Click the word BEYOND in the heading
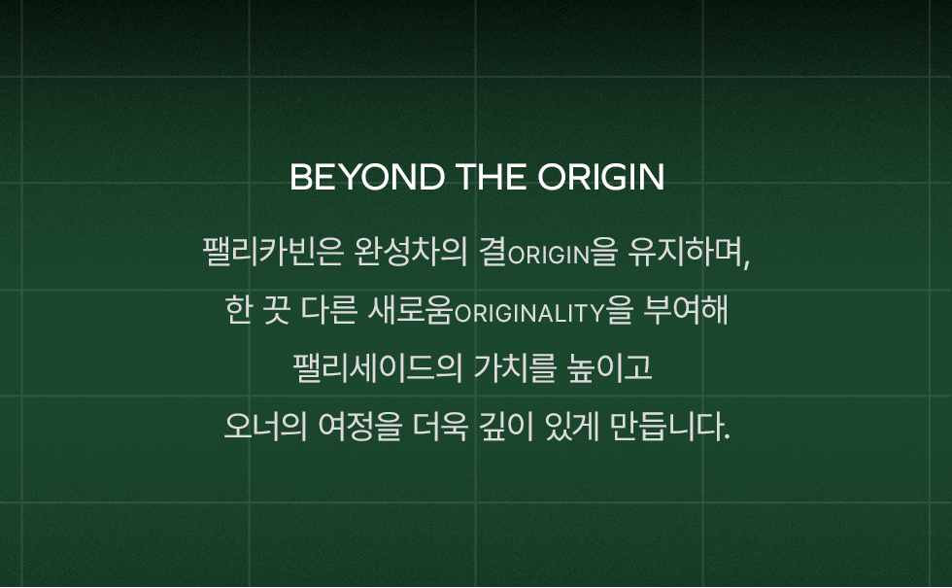tap(367, 177)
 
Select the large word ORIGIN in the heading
tap(601, 177)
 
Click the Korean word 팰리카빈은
tap(273, 252)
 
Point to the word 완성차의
tap(411, 252)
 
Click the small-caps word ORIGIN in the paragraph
tap(549, 255)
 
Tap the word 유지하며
tap(685, 252)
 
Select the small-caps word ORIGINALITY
tap(529, 313)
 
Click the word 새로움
tap(411, 310)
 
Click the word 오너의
tap(266, 427)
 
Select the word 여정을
tap(360, 427)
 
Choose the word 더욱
tap(441, 427)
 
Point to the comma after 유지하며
tap(746, 261)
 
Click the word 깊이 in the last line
tap(507, 427)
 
